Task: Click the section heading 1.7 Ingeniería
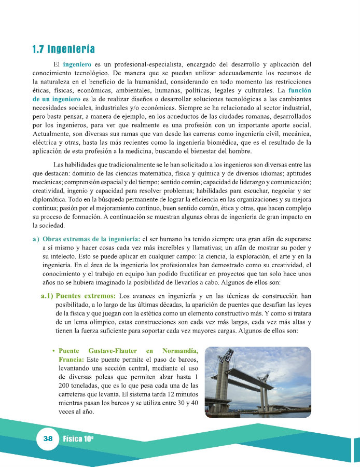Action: (x=63, y=50)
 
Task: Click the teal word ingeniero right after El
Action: (x=77, y=64)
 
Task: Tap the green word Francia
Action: (x=71, y=359)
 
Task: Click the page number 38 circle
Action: (x=48, y=438)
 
